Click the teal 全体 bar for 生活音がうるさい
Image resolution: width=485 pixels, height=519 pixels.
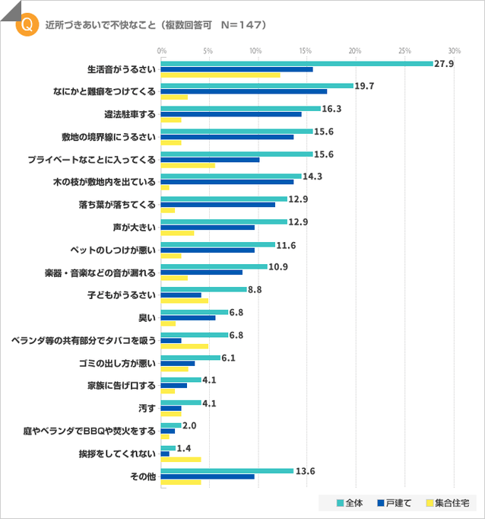pyautogui.click(x=296, y=64)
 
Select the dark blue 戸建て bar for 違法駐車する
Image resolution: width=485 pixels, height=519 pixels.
pyautogui.click(x=231, y=114)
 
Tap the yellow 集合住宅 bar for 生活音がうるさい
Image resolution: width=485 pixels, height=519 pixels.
pyautogui.click(x=220, y=75)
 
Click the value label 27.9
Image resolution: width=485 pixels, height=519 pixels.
pyautogui.click(x=443, y=63)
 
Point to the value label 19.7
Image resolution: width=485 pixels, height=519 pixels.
pyautogui.click(x=365, y=86)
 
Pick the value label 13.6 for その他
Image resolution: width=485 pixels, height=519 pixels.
pyautogui.click(x=305, y=470)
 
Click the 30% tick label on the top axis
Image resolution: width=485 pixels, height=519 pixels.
pyautogui.click(x=454, y=50)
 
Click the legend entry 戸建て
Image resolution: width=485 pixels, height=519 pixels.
pyautogui.click(x=397, y=503)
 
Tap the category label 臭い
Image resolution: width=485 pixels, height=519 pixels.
pyautogui.click(x=147, y=317)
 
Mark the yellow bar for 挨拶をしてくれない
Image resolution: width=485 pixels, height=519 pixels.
pyautogui.click(x=181, y=459)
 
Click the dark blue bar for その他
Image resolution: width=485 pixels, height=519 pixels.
pyautogui.click(x=208, y=476)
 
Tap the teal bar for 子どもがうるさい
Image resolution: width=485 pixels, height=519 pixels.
pyautogui.click(x=204, y=289)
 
